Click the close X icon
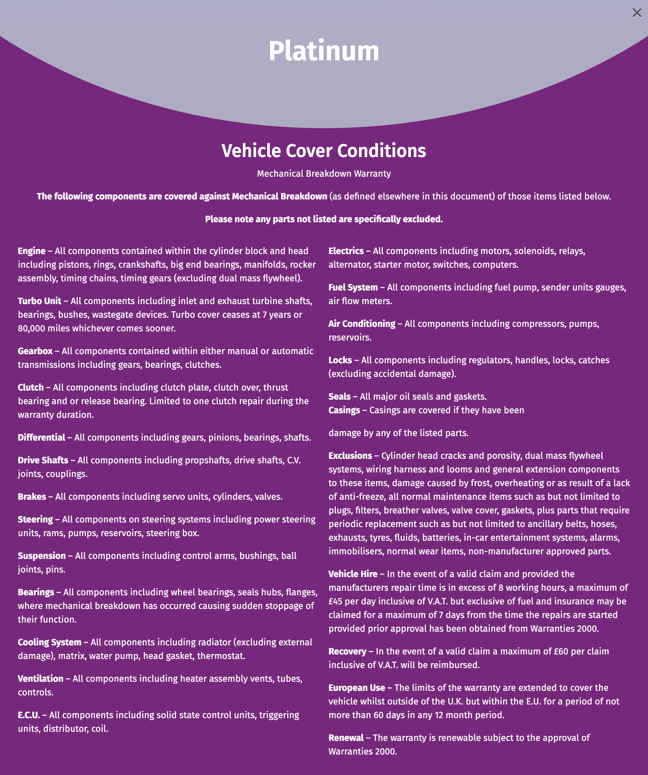(x=637, y=13)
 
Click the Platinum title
(x=324, y=51)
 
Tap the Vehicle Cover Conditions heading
(x=324, y=151)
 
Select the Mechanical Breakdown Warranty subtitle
(x=324, y=174)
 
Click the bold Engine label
(x=31, y=251)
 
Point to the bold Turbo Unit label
(x=39, y=301)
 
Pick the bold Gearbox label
(x=35, y=351)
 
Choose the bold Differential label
(x=41, y=438)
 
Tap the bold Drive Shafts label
(x=43, y=460)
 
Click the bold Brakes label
(x=32, y=497)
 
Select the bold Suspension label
(x=42, y=556)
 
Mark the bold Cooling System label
(x=49, y=642)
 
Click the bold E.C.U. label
(x=29, y=715)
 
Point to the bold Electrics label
(x=346, y=251)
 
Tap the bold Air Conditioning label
(x=362, y=324)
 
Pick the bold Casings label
(x=344, y=410)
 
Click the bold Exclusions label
(x=350, y=456)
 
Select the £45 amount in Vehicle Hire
(x=335, y=601)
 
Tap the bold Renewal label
(x=346, y=738)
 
